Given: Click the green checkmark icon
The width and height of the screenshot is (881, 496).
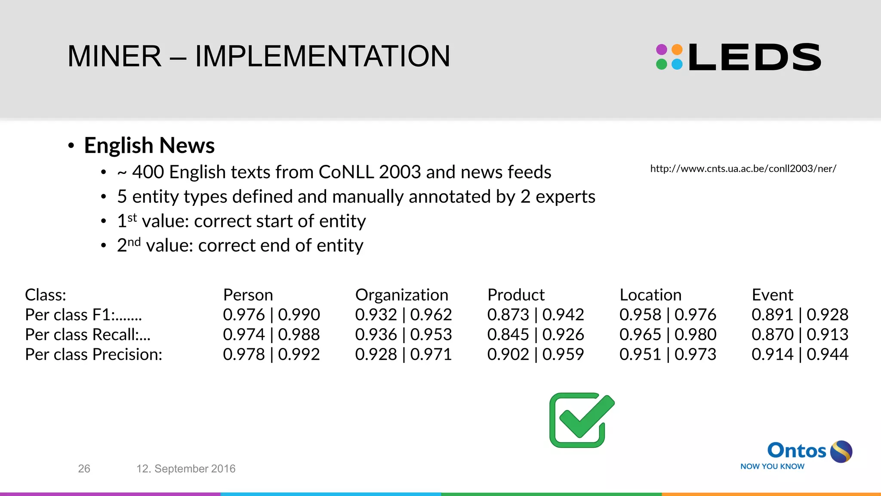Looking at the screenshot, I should (582, 420).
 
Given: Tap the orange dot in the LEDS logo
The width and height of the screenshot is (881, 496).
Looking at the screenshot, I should (677, 50).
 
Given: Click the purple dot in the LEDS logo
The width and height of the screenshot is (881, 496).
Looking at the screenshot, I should (662, 50).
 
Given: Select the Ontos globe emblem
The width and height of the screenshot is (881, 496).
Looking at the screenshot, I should (841, 452).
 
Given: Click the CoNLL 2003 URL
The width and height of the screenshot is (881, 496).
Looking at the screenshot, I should (743, 168).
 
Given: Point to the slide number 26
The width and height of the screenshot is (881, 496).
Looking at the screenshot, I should (84, 468).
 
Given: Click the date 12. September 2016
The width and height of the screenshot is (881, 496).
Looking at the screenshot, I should (186, 468).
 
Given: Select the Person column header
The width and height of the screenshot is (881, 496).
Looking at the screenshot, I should (248, 295).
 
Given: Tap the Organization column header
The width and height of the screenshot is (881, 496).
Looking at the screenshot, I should (401, 295).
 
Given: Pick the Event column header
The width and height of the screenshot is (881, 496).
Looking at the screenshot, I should (772, 295).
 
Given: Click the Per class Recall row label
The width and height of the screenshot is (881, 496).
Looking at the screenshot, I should (87, 335).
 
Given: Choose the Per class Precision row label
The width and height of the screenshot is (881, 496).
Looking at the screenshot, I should (93, 354).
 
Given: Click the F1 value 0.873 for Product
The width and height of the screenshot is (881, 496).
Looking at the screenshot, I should (508, 315).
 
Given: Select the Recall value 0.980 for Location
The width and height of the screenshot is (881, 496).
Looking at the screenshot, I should (695, 335).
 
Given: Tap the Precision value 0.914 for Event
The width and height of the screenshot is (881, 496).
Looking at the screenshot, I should (772, 354).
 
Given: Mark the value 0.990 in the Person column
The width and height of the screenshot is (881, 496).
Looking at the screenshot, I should (299, 315).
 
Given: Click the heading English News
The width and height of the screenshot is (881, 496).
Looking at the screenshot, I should (149, 145).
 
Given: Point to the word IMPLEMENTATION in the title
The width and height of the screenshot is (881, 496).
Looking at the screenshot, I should (323, 56).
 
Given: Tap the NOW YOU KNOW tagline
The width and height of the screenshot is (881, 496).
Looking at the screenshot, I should (772, 466).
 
